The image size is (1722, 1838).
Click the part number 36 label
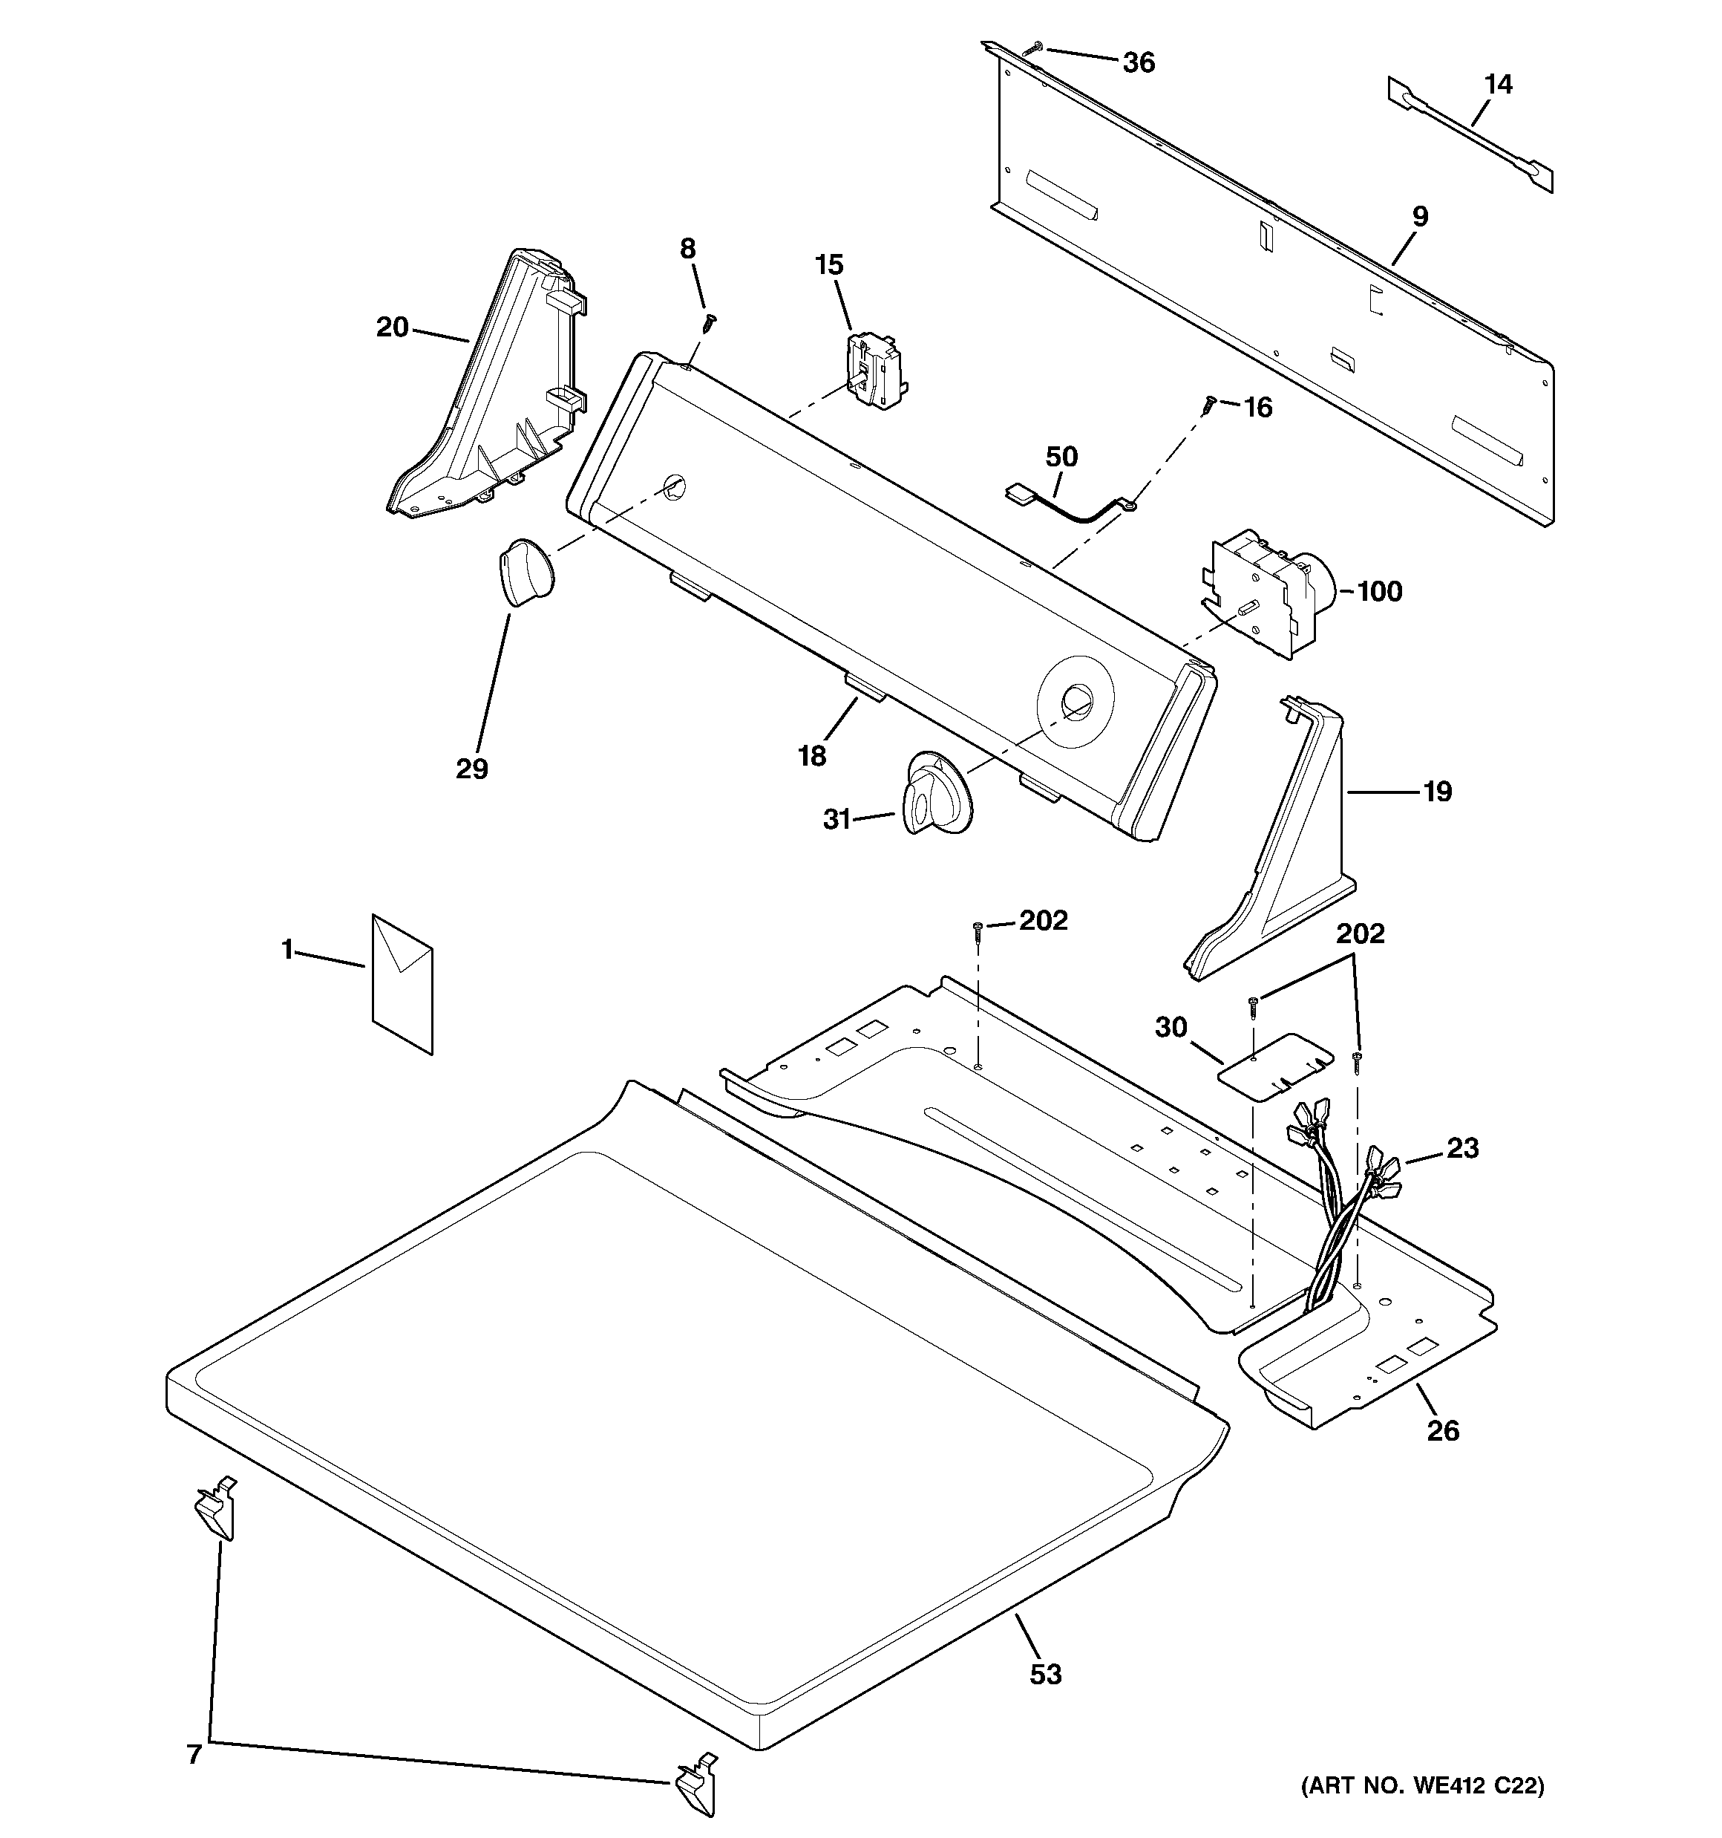pyautogui.click(x=1139, y=63)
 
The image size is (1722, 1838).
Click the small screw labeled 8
pyautogui.click(x=710, y=321)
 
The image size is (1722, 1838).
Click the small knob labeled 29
pyautogui.click(x=524, y=573)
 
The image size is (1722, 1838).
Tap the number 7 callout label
pyautogui.click(x=194, y=1755)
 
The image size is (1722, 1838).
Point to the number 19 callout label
pyautogui.click(x=1437, y=792)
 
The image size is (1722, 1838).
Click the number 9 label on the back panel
pyautogui.click(x=1420, y=216)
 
